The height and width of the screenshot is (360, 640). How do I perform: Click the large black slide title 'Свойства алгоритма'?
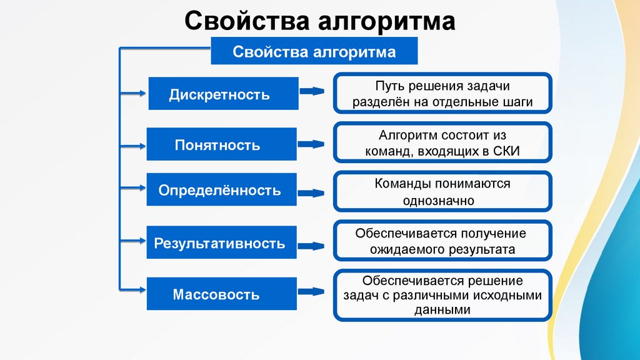[x=319, y=21]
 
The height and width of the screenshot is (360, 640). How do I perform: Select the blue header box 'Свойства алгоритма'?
[x=314, y=51]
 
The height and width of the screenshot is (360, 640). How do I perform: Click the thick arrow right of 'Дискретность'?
[x=311, y=92]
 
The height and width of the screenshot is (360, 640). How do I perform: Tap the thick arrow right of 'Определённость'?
[x=311, y=192]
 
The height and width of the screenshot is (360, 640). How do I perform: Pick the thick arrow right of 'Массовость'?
[x=311, y=291]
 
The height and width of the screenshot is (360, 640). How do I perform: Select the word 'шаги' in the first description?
[x=519, y=102]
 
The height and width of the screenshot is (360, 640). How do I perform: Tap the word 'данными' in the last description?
[x=442, y=309]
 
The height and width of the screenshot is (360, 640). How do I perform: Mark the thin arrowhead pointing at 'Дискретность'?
[x=140, y=94]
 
